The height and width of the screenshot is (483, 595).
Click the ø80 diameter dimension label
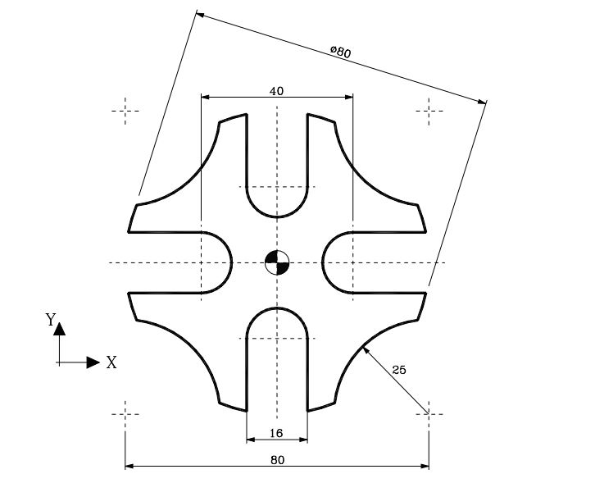pos(340,52)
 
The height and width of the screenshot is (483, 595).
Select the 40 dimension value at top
pos(276,91)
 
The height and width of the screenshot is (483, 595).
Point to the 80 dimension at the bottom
pos(277,460)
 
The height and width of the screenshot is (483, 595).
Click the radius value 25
pos(398,370)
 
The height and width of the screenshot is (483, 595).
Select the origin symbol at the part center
pos(277,262)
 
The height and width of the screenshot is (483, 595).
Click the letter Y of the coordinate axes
pos(51,320)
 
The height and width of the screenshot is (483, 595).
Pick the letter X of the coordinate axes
pos(111,362)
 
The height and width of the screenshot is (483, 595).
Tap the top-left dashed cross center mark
pos(125,111)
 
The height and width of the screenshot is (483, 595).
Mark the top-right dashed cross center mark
pos(429,111)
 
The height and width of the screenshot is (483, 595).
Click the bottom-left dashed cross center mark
pos(125,413)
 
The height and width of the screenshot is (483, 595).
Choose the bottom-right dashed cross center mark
pos(429,413)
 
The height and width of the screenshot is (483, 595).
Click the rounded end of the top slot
pos(277,215)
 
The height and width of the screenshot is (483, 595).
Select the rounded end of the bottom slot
pos(277,310)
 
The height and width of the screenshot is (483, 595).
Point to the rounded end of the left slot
pos(229,262)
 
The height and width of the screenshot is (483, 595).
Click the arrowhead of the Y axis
pos(59,329)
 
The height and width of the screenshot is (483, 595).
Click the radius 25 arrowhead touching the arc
pos(366,350)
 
